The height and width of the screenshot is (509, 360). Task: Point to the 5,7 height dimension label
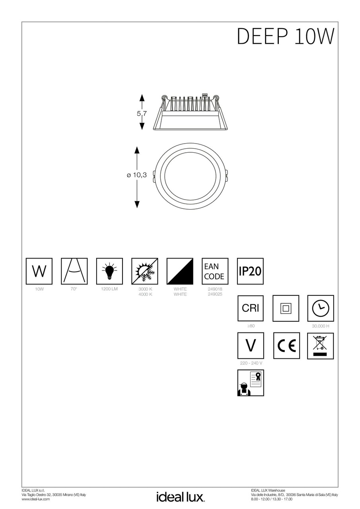tap(142, 113)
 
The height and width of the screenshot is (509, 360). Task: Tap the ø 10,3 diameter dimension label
tap(137, 175)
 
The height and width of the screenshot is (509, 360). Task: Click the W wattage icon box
tap(39, 271)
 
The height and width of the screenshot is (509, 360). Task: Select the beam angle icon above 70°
tap(74, 271)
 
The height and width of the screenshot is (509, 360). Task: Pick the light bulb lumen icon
tap(109, 271)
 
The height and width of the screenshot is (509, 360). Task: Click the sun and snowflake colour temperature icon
tap(144, 271)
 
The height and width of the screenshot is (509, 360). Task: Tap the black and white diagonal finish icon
tap(180, 271)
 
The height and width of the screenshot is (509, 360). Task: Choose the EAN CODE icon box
tap(215, 271)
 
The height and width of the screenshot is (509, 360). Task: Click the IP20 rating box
tap(250, 271)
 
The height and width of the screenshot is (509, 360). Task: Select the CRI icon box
tap(250, 308)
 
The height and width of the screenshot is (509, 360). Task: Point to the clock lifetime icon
tap(321, 308)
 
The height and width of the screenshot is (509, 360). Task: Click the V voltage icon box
tap(250, 346)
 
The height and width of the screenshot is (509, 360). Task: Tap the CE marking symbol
tap(286, 346)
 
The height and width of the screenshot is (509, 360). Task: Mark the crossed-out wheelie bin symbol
tap(320, 346)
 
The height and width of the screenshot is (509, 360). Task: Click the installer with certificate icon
tap(250, 383)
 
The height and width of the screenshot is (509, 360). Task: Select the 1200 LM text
tap(109, 289)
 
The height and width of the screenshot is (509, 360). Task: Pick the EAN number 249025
tap(215, 294)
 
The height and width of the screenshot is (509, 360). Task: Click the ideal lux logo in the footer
tap(180, 497)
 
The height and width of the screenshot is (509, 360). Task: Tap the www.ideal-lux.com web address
tap(35, 499)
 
